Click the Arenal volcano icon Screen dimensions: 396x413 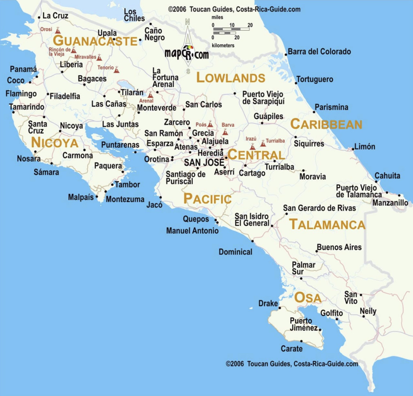(x=150, y=95)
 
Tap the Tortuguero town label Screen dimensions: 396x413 (x=315, y=79)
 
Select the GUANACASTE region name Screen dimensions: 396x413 (x=95, y=41)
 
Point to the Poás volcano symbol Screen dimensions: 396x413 (x=210, y=125)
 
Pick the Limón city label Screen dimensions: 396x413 (x=364, y=147)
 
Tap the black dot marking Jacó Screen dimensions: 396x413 (x=160, y=197)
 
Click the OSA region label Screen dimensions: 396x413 (x=308, y=298)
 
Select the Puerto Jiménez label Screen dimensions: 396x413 (x=303, y=324)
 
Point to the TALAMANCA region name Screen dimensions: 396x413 (x=327, y=224)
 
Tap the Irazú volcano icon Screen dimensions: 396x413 (x=253, y=147)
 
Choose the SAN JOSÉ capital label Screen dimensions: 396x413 (x=204, y=162)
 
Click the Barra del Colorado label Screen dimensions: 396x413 (x=319, y=51)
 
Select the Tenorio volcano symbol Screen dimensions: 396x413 (x=117, y=70)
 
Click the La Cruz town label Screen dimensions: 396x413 (x=55, y=15)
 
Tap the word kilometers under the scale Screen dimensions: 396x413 (x=223, y=45)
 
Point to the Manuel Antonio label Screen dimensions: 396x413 (x=192, y=230)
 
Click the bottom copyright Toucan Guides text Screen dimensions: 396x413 (x=292, y=364)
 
